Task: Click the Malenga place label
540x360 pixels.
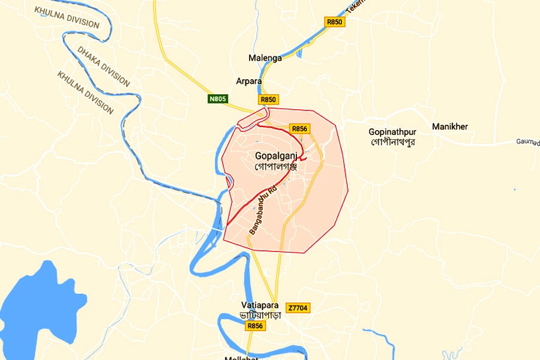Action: [265, 58]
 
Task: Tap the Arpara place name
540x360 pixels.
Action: [248, 80]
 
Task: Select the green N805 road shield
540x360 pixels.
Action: [218, 98]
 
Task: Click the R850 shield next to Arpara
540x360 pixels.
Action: [269, 99]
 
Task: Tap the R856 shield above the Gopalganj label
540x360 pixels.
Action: [299, 129]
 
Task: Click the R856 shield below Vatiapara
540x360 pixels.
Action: [254, 326]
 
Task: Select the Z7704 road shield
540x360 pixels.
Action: [298, 308]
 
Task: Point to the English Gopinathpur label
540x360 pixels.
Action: [393, 131]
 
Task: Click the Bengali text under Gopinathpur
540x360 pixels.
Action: [393, 142]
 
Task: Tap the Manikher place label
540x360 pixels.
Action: [449, 127]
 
